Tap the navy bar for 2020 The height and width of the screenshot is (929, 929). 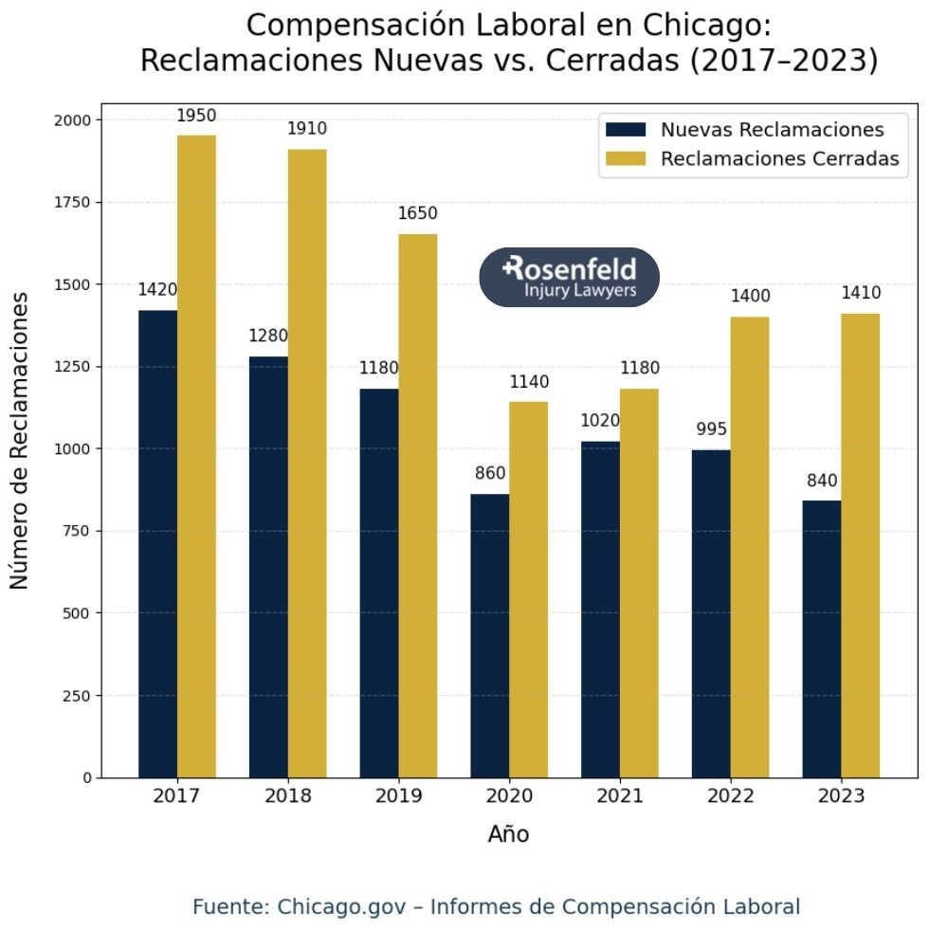489,635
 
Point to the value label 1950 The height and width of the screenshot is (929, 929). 196,116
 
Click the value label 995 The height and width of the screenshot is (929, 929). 711,429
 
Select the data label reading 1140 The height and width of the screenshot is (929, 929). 529,382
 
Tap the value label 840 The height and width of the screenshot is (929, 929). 822,481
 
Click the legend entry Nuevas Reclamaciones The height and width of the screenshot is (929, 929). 772,130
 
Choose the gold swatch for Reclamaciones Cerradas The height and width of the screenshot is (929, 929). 627,158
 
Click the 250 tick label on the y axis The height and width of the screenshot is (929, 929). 78,695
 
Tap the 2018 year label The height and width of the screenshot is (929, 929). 287,796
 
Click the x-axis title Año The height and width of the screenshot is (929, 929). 508,834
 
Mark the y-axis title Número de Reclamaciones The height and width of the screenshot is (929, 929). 20,440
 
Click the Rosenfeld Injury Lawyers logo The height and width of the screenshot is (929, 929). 569,277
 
